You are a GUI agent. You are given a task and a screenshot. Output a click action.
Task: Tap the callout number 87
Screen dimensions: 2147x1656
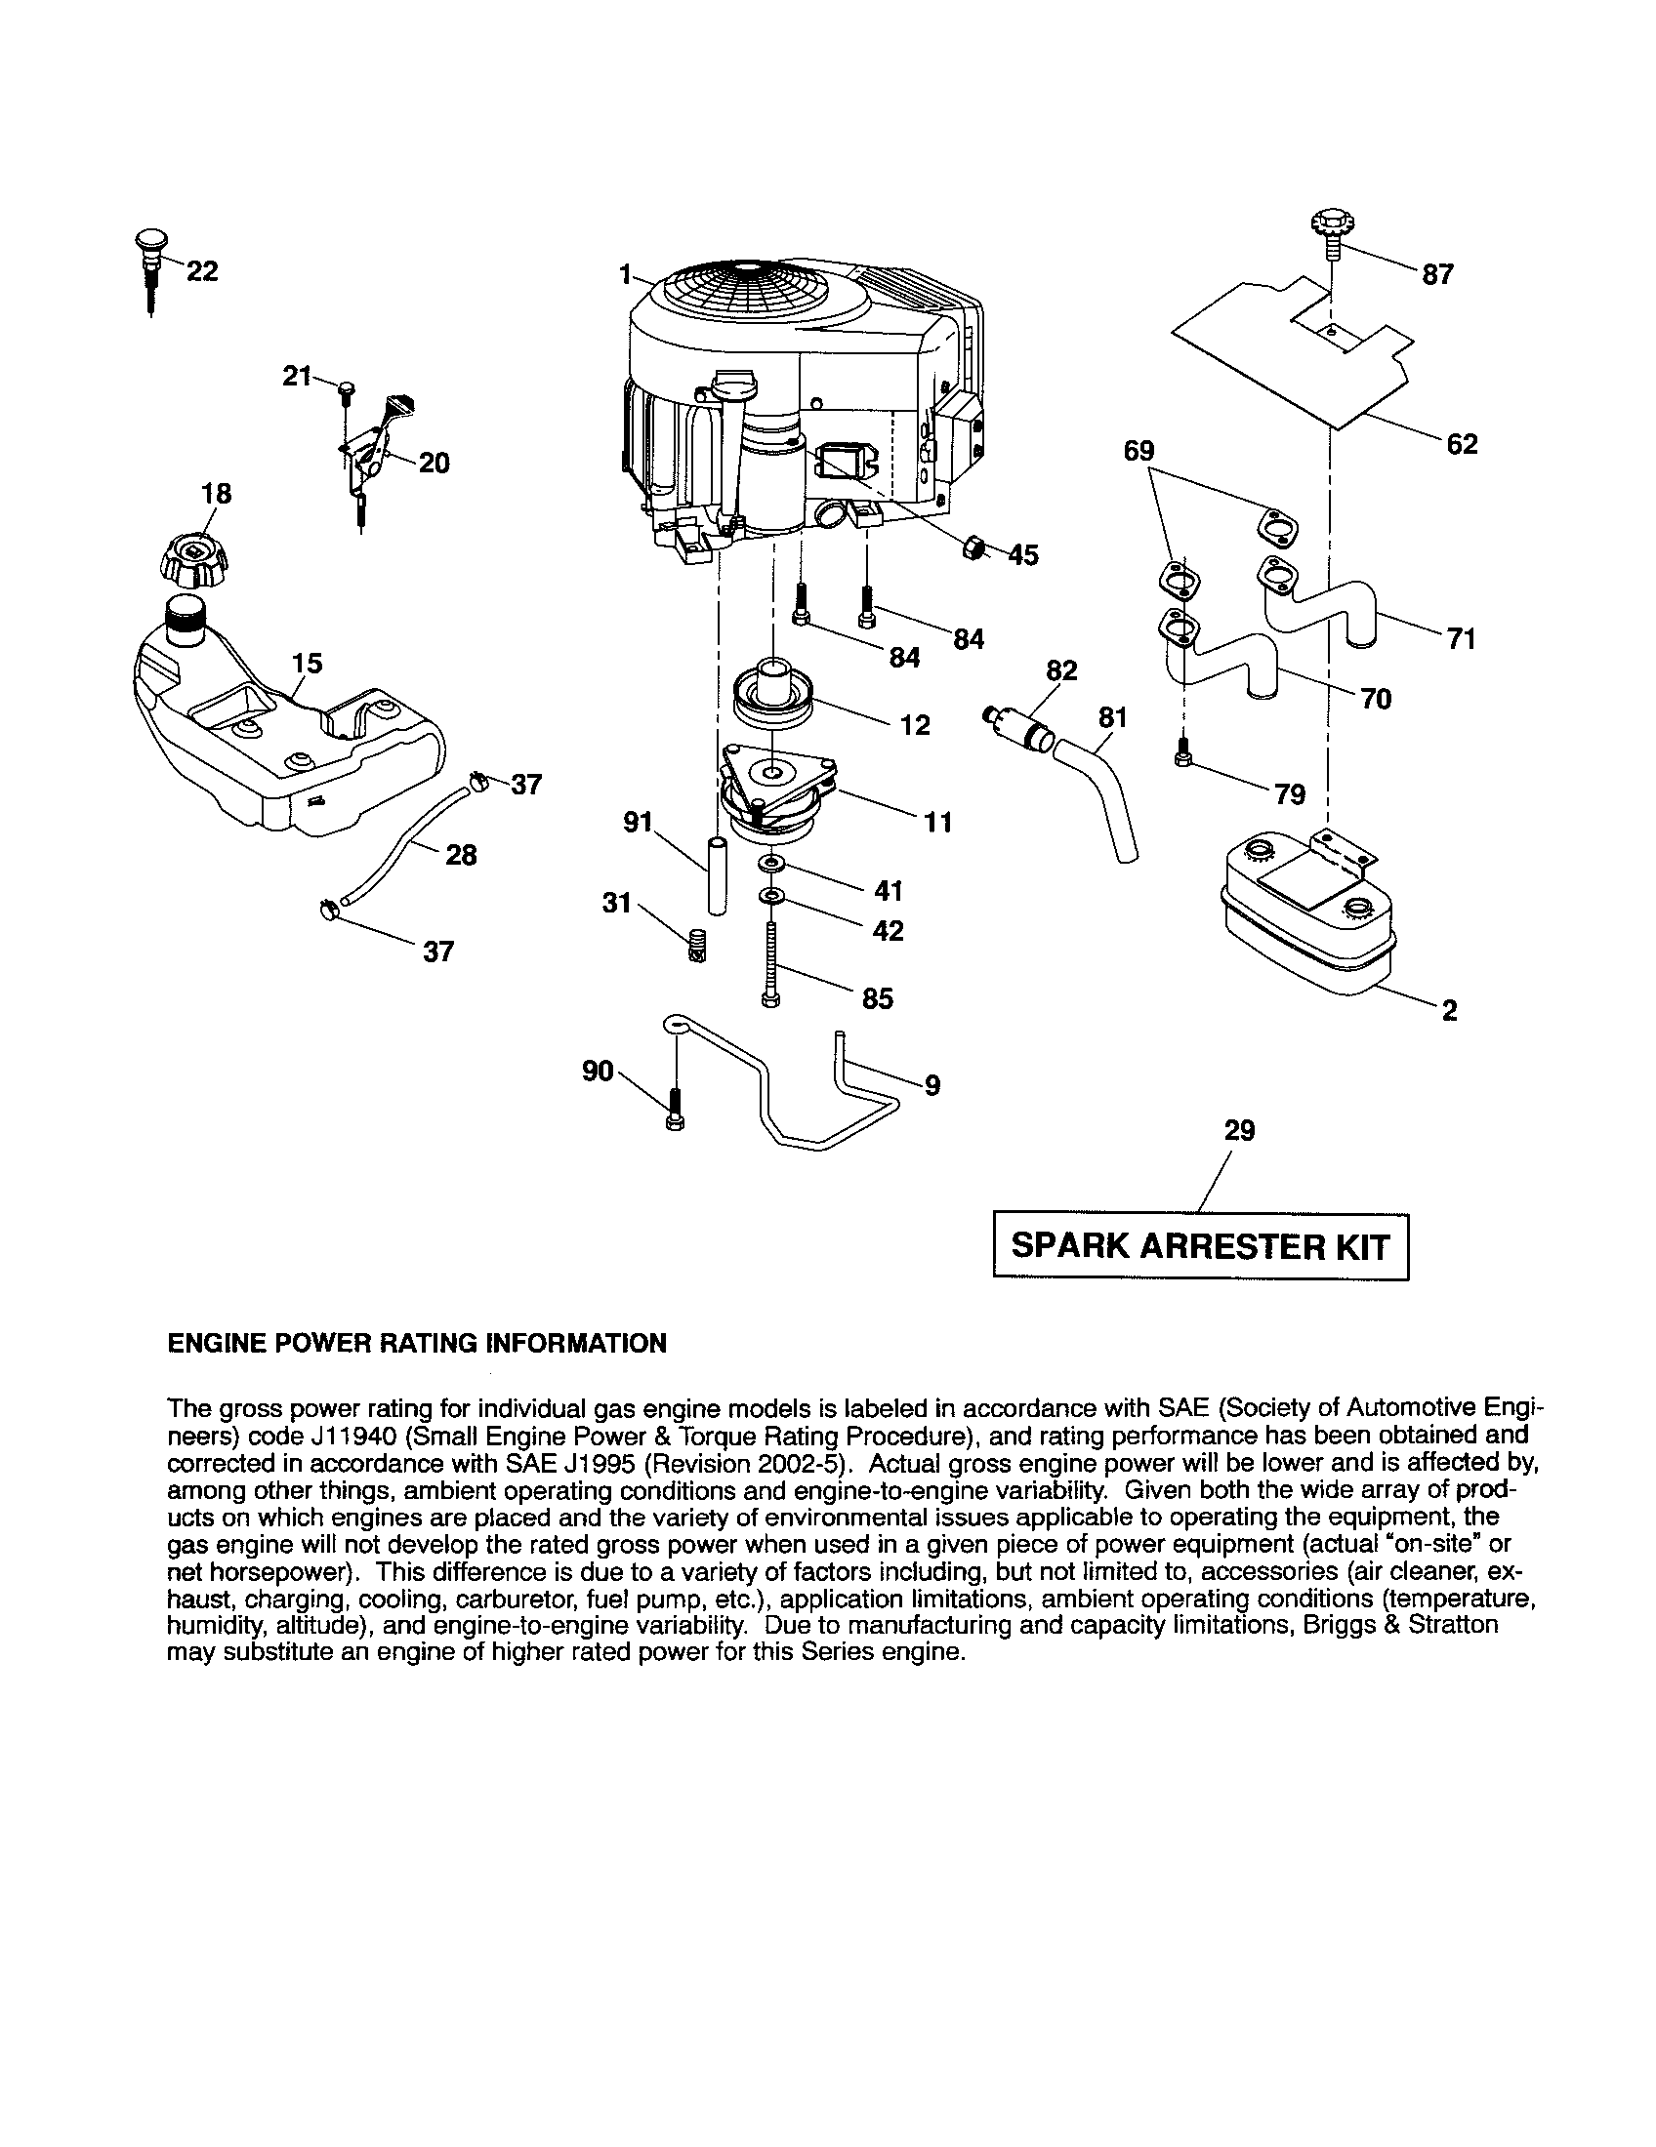1436,275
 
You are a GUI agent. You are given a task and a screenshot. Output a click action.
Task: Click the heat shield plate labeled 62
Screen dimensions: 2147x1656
1290,354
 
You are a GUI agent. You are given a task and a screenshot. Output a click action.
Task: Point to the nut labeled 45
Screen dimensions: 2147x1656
972,547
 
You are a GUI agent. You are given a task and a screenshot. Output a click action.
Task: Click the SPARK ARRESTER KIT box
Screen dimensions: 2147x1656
1200,1246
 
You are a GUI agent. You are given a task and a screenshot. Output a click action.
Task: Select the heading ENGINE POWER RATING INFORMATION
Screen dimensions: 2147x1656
417,1343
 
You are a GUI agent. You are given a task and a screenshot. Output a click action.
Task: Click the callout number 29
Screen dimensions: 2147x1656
1239,1130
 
